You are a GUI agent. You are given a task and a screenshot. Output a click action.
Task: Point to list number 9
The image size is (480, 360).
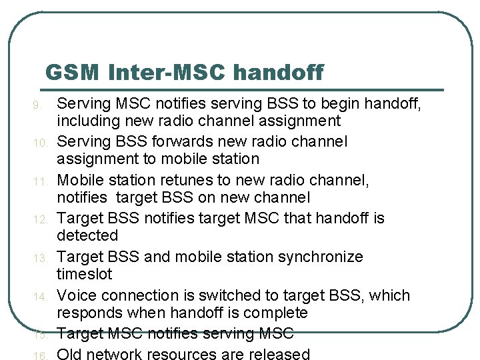click(37, 105)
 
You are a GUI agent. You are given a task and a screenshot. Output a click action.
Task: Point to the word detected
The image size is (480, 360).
click(87, 236)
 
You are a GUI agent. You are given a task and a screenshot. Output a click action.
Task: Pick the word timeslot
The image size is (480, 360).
click(85, 275)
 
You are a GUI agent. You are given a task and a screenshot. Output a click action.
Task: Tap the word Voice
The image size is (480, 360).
click(77, 295)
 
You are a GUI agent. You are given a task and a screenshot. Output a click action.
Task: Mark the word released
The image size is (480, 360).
click(279, 354)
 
